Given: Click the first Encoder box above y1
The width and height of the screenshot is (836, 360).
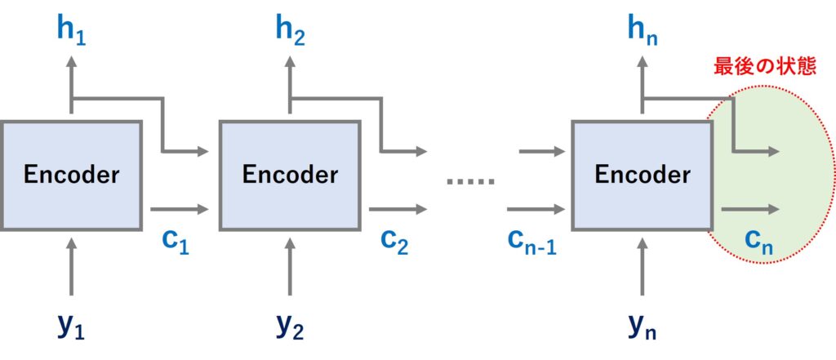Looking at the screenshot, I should click(71, 174).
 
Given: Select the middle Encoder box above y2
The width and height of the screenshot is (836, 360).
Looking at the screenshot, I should click(290, 174).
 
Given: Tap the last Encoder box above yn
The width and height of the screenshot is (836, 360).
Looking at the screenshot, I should click(642, 174).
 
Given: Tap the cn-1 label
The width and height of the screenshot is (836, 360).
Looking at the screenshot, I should click(531, 242).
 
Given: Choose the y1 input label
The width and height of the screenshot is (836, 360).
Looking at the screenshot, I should click(71, 327).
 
